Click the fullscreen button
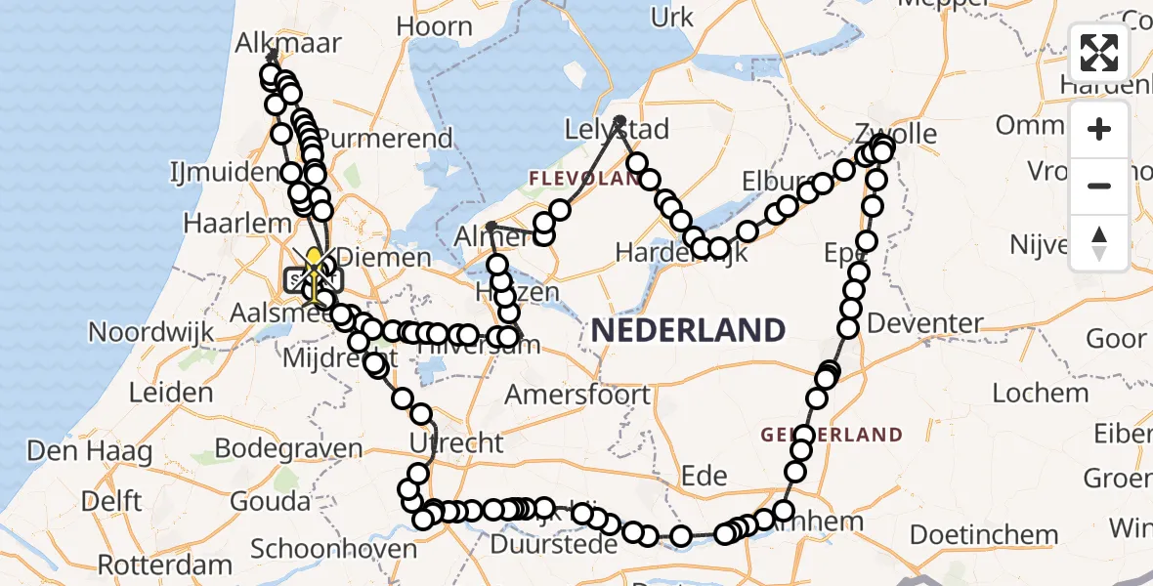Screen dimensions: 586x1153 [x=1099, y=54]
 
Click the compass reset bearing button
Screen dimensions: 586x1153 [x=1099, y=243]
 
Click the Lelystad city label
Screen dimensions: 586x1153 [x=618, y=130]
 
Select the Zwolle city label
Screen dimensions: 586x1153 [x=895, y=134]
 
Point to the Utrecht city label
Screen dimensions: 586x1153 [x=456, y=443]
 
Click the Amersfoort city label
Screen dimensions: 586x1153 [x=578, y=394]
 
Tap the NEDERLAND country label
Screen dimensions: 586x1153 [x=688, y=330]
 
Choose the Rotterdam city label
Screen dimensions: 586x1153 [x=165, y=565]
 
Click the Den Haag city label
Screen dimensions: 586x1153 [x=90, y=451]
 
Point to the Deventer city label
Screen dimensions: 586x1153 [x=924, y=322]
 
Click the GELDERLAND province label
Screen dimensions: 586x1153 [x=833, y=434]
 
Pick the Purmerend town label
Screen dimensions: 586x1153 [x=387, y=138]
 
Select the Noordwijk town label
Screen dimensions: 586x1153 [x=151, y=332]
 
